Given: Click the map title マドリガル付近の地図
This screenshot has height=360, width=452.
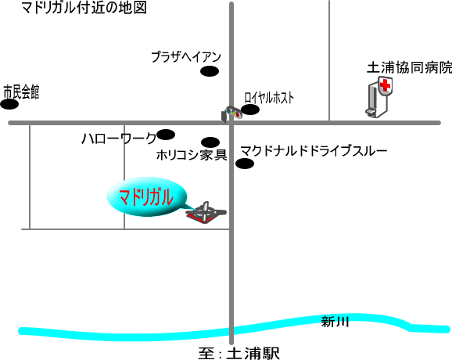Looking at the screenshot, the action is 84,8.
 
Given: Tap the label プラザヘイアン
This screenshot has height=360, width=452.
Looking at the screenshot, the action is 186,57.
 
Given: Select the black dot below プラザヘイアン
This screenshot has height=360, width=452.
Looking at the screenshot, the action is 210,71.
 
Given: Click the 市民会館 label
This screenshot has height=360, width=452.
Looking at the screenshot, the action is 21,92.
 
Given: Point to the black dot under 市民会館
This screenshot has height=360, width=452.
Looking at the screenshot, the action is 9,104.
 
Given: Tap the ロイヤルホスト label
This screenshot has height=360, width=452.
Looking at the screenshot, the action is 269,98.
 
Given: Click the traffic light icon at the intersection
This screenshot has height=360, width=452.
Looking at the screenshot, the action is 231,113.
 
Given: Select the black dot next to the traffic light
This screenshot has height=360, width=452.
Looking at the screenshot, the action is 250,110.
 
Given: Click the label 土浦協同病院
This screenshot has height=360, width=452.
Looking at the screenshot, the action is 409,68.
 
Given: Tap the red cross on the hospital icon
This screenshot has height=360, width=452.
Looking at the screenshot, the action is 385,85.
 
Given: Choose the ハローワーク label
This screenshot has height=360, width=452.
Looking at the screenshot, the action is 119,139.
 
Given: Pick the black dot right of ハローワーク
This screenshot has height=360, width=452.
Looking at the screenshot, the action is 166,135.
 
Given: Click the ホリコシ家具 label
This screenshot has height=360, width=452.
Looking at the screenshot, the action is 192,156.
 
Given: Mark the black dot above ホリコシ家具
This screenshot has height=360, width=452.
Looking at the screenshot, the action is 210,142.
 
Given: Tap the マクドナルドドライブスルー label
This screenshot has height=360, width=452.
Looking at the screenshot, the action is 314,151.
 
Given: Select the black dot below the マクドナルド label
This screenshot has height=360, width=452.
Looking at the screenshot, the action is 245,164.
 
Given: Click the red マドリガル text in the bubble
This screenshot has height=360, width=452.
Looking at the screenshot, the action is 146,197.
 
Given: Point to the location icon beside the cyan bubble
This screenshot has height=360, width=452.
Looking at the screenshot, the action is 206,213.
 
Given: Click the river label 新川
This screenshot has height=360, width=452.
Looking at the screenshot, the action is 335,322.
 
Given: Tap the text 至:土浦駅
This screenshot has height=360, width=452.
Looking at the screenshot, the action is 239,354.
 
